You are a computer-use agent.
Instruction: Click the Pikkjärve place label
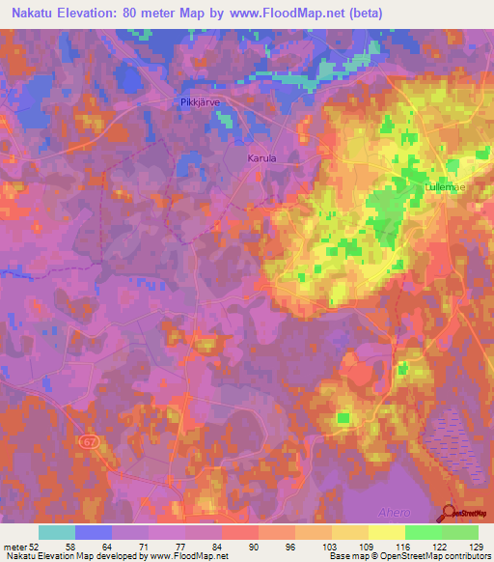click(202, 101)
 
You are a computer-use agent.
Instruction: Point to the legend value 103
click(331, 547)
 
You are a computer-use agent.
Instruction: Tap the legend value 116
click(403, 547)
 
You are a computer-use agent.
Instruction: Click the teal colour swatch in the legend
click(56, 532)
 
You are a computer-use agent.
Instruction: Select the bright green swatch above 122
click(423, 532)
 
